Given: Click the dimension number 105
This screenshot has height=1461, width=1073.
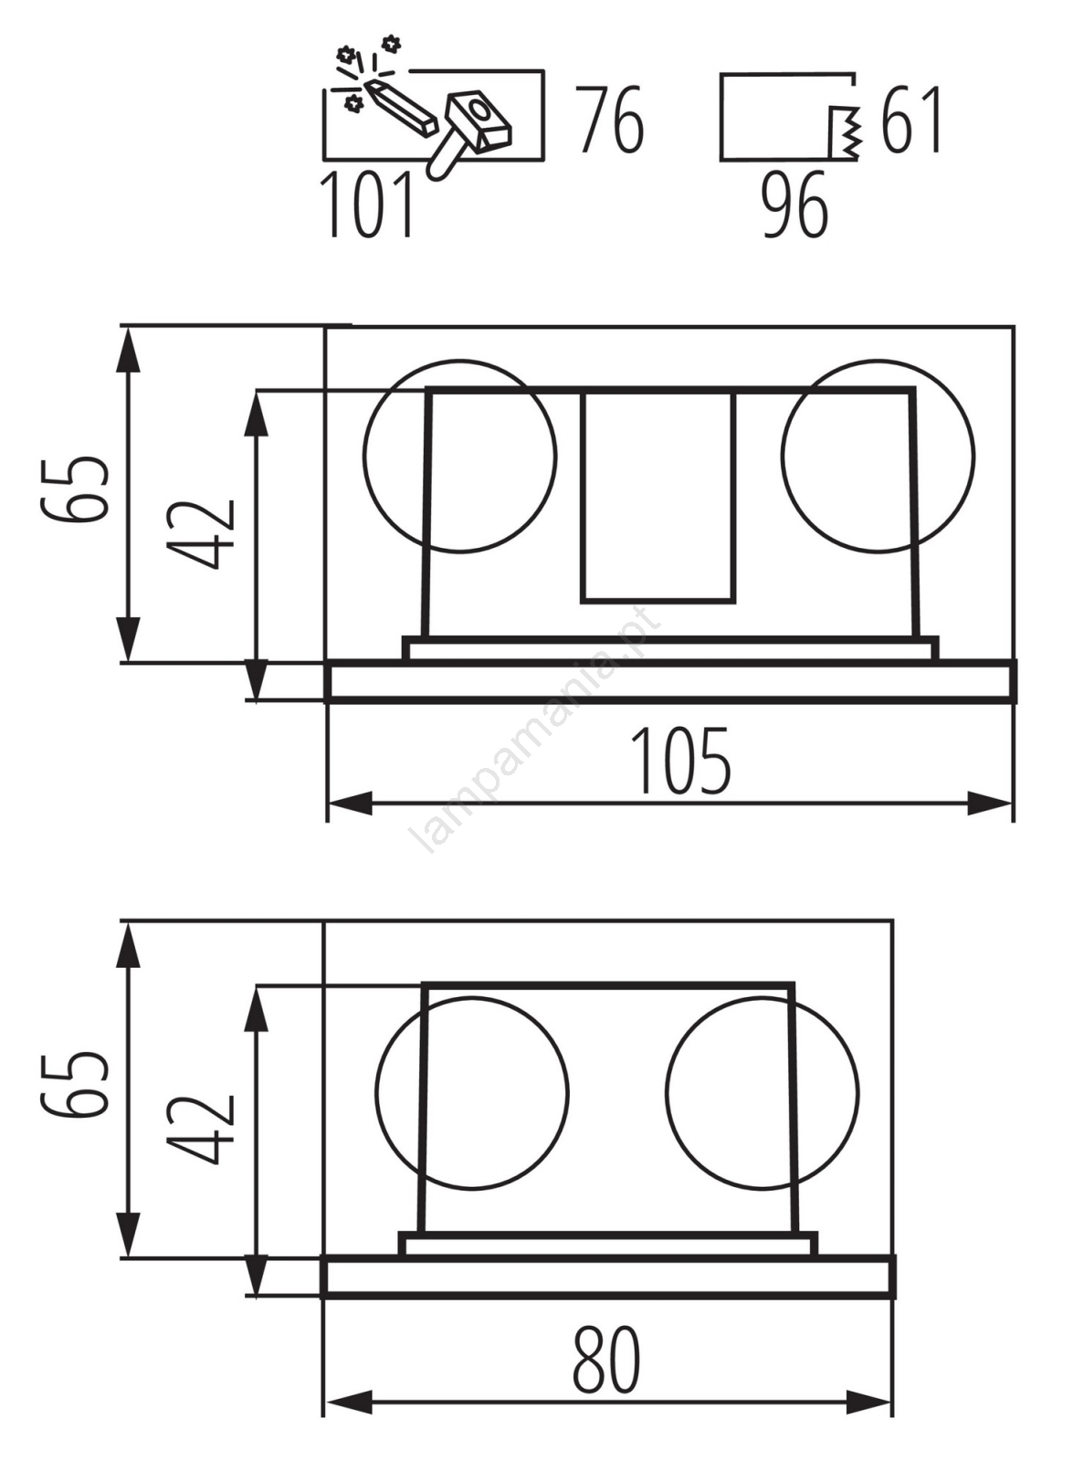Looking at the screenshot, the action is (x=680, y=761).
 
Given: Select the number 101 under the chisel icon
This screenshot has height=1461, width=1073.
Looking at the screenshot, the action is (x=367, y=204).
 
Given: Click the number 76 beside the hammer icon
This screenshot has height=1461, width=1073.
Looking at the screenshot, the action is (x=611, y=120).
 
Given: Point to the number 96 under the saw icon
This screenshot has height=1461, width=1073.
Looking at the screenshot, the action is (x=795, y=204).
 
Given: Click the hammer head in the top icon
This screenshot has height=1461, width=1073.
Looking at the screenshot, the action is (x=479, y=120).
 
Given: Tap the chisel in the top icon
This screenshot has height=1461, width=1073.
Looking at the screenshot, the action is (x=400, y=109).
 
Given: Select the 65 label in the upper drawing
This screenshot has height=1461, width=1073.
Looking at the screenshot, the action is (x=74, y=490).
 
